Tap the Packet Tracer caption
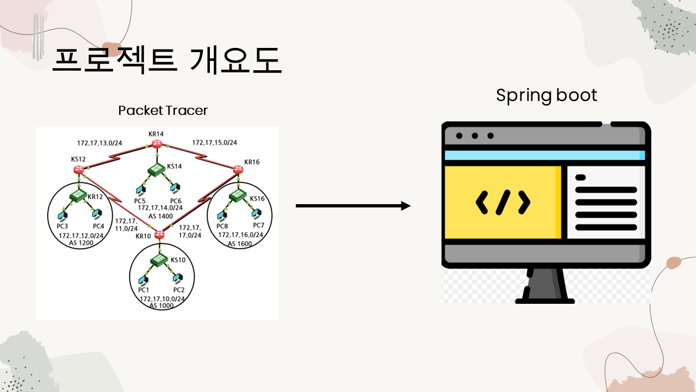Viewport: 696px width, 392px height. pos(163,111)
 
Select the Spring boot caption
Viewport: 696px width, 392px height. pos(546,95)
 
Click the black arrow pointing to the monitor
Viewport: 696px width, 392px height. pos(353,206)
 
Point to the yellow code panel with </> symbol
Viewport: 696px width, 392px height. pos(502,203)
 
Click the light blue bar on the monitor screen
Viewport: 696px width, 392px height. pos(545,155)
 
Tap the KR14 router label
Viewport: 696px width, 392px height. pos(156,134)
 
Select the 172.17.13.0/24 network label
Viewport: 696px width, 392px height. pos(100,143)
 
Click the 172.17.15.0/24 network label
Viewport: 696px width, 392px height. pos(214,143)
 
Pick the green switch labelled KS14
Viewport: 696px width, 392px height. pos(157,170)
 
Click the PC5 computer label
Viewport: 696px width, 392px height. pos(140,201)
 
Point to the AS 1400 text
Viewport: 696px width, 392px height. pos(160,216)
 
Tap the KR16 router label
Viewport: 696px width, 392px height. pos(252,162)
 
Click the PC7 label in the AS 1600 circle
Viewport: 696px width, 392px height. pos(258,226)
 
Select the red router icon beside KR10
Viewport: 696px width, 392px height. pos(159,235)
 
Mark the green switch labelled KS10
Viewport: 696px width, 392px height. pos(159,261)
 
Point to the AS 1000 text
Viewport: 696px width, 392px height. pos(161,306)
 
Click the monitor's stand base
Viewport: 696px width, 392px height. pos(545,300)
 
